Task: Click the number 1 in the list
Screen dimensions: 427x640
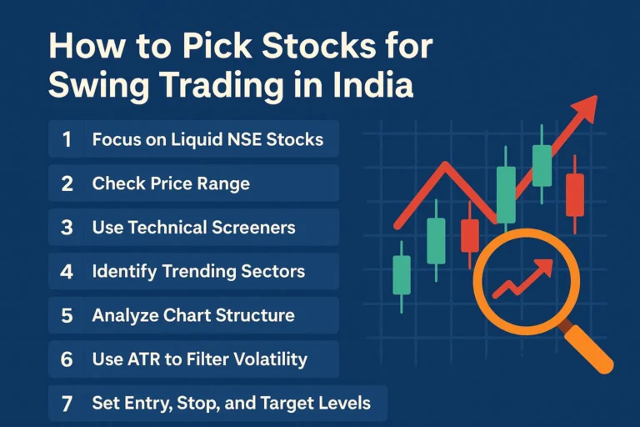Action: pos(67,139)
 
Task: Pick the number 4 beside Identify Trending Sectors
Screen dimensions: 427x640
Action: pos(67,271)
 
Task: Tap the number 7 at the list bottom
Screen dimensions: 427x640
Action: pos(67,404)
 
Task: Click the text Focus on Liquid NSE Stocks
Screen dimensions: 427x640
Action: pos(207,139)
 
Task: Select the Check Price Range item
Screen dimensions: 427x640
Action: pos(171,183)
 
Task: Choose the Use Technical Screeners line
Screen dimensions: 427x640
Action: pos(193,227)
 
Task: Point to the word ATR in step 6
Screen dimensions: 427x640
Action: pos(141,359)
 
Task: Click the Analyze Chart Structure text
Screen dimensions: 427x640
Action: pos(192,315)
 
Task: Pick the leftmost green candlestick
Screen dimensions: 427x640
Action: pos(402,275)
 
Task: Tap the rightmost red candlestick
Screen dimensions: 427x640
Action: pos(574,194)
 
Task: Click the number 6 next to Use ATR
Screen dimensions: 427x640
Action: pos(67,359)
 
